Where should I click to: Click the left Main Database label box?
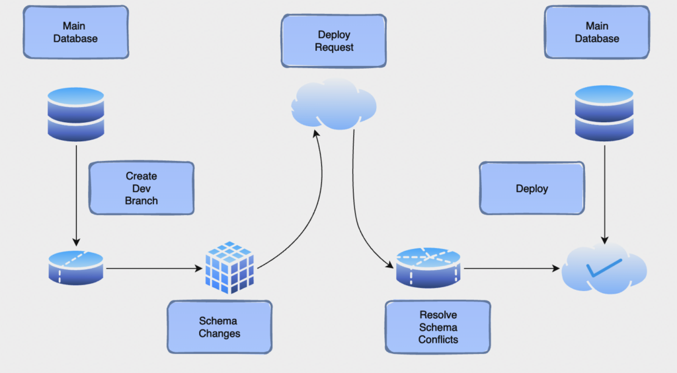tap(76, 32)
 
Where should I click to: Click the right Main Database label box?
tap(597, 32)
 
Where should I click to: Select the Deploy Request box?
tap(333, 41)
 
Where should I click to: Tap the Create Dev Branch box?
tap(141, 188)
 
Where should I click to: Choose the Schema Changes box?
tap(219, 327)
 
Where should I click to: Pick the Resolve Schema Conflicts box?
tap(438, 327)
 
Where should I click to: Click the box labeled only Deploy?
tap(532, 188)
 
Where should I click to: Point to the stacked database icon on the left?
tap(76, 114)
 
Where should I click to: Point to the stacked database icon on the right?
tap(604, 114)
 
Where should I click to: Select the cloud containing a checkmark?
tap(604, 269)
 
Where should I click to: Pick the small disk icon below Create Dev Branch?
tap(76, 267)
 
